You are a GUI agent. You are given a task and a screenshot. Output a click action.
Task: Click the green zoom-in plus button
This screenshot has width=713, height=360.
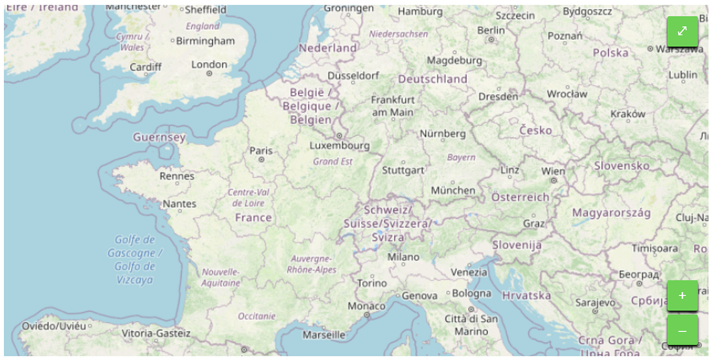click(x=682, y=295)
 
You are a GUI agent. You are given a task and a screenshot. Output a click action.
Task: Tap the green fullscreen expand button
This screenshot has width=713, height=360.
click(x=682, y=31)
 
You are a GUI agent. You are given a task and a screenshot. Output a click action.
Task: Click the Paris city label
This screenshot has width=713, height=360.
click(x=261, y=150)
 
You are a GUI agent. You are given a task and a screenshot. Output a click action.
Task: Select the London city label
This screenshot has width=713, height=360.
click(x=209, y=65)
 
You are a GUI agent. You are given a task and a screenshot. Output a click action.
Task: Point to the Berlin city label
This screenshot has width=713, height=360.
click(x=491, y=30)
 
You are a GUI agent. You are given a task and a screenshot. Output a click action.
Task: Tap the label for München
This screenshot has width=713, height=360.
click(x=453, y=190)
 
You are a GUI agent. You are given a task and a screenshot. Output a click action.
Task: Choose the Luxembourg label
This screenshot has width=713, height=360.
click(x=339, y=146)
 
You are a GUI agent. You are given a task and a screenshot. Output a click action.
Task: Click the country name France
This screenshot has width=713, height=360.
click(x=253, y=218)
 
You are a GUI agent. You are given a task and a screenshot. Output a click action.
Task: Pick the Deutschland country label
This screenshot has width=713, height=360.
click(x=433, y=79)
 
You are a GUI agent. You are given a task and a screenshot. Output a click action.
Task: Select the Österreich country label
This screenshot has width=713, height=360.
click(x=520, y=197)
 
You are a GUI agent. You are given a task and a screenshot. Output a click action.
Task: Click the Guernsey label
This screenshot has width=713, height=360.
click(x=159, y=137)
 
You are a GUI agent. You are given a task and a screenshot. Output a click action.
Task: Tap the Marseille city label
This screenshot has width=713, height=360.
click(x=324, y=334)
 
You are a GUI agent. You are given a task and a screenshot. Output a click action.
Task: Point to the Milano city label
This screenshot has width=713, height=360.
click(x=403, y=257)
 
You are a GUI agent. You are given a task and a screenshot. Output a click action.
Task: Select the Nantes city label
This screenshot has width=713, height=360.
click(x=179, y=204)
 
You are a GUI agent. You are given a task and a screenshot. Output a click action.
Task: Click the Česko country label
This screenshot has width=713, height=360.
click(x=535, y=130)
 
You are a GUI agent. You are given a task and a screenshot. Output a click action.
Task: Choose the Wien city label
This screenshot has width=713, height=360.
click(x=553, y=171)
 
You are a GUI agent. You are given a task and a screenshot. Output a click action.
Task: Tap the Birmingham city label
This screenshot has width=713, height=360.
click(x=206, y=41)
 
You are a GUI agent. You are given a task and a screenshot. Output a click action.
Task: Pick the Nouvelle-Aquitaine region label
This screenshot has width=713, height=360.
click(x=220, y=277)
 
